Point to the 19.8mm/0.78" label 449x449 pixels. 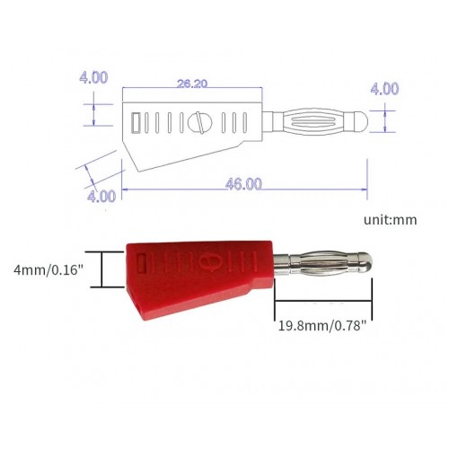click(321, 325)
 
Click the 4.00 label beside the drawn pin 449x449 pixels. click(383, 89)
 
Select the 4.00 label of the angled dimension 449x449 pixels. click(101, 195)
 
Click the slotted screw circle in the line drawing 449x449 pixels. click(199, 121)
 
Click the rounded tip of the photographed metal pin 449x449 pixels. click(365, 264)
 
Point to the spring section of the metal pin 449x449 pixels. click(316, 264)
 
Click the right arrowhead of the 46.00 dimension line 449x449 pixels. click(363, 189)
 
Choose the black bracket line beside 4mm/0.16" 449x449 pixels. click(101, 269)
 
